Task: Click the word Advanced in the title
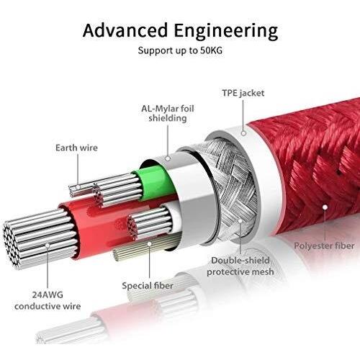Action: (x=125, y=30)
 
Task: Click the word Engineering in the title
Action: (x=226, y=32)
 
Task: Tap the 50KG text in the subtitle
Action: (x=210, y=50)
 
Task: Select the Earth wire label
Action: (x=76, y=148)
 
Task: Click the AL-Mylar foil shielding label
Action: (x=168, y=113)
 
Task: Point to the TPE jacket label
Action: (x=243, y=93)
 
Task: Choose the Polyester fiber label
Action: (x=324, y=246)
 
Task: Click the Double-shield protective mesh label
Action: (x=240, y=266)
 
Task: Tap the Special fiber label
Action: (x=148, y=286)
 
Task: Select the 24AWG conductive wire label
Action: (x=48, y=300)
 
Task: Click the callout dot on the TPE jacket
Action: (x=243, y=133)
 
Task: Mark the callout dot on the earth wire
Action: (x=78, y=187)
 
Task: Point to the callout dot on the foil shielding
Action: (x=168, y=158)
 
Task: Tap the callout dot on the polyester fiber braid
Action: (x=325, y=207)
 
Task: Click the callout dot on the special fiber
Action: (x=149, y=244)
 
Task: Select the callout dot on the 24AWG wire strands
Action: (x=48, y=246)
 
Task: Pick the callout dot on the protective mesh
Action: (x=240, y=221)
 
